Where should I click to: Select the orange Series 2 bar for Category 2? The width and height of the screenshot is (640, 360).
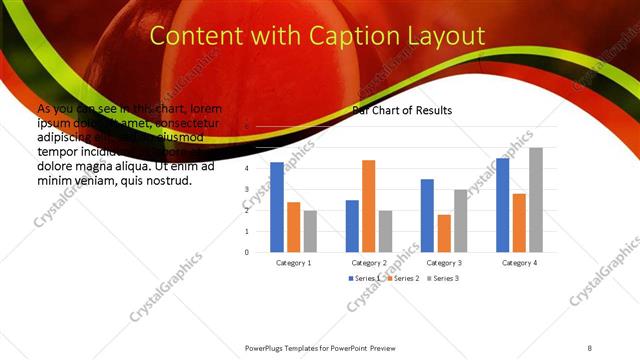click(369, 206)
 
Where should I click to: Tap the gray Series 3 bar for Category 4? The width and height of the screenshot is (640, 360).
click(536, 200)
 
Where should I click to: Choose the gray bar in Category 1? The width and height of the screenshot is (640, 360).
click(311, 231)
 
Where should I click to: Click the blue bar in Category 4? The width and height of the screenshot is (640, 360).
click(502, 205)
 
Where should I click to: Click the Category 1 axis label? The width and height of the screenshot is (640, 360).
click(294, 262)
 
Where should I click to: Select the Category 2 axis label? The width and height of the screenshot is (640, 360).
click(369, 262)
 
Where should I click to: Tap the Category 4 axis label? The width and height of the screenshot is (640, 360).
click(519, 262)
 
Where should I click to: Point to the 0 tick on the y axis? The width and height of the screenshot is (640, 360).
click(246, 252)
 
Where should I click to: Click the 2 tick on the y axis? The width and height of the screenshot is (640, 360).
click(246, 210)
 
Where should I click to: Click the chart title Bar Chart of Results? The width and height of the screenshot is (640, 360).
click(402, 110)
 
